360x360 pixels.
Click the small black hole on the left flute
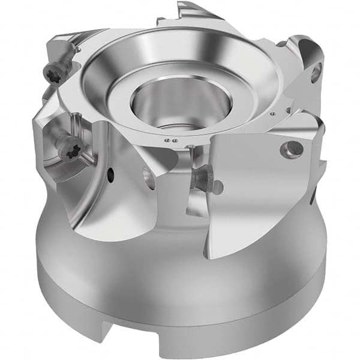click(111, 176)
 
